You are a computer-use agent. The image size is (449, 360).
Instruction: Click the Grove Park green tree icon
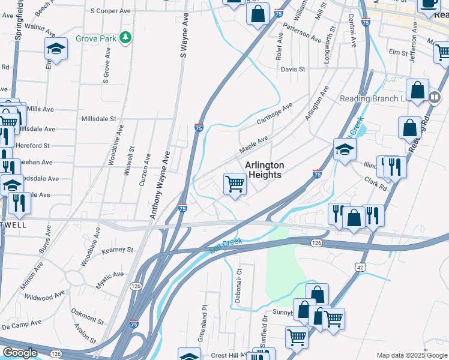125,38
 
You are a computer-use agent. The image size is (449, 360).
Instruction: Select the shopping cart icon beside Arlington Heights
235,184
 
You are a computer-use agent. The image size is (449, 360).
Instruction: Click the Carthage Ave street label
274,114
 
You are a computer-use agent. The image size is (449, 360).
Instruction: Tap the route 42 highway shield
359,266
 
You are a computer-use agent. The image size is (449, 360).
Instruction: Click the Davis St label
294,69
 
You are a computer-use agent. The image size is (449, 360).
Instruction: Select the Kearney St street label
117,250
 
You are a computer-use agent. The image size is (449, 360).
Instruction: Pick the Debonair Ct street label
238,280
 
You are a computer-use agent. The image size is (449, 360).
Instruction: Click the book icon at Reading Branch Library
417,91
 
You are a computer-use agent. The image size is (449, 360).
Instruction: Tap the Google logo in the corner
20,353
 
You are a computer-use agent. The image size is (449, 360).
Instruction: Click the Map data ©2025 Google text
412,355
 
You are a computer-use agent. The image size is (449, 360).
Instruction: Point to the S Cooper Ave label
110,11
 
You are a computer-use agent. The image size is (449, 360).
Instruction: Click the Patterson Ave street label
302,32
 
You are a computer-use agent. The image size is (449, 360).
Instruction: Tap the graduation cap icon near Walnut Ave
56,50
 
